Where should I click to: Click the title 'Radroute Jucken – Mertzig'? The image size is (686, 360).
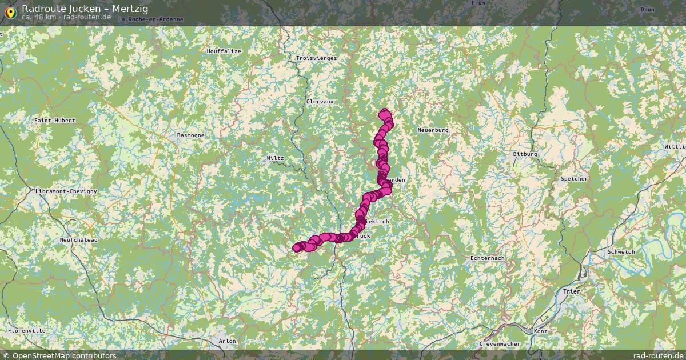click(85, 8)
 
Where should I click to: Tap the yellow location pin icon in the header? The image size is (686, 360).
click(10, 11)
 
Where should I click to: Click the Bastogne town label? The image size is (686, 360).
click(190, 135)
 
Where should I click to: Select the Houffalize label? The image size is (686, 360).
click(224, 51)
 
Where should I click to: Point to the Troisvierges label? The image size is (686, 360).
click(317, 58)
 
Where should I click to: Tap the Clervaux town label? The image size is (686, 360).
click(320, 102)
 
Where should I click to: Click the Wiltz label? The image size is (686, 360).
click(275, 158)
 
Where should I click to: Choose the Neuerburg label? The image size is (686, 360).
click(433, 130)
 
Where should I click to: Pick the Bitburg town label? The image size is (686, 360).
click(525, 154)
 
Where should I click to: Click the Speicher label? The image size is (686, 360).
click(574, 179)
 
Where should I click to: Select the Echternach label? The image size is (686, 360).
click(487, 258)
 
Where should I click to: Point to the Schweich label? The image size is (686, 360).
click(621, 252)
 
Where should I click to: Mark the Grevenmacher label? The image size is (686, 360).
click(500, 344)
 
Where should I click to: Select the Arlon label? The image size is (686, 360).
click(227, 341)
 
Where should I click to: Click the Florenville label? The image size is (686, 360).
click(27, 331)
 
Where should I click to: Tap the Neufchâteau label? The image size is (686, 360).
click(79, 240)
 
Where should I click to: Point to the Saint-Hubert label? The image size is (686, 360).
click(55, 121)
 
